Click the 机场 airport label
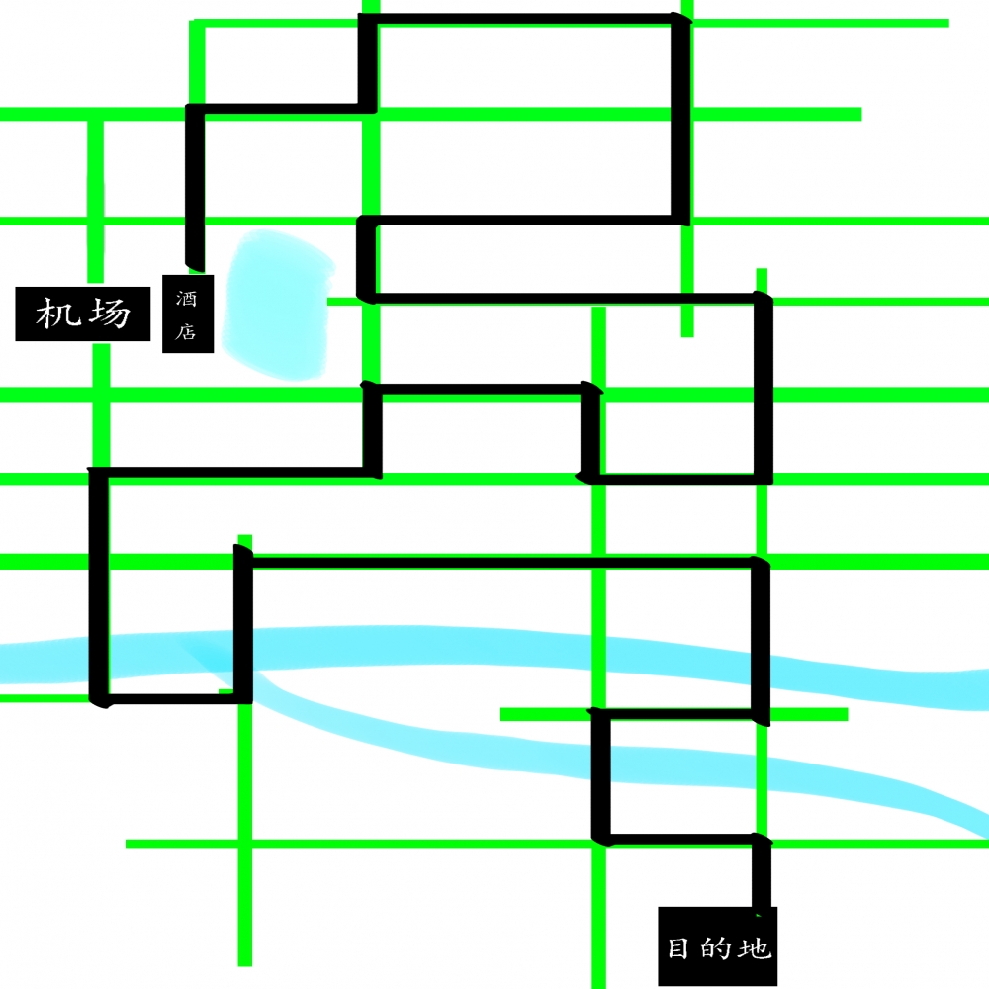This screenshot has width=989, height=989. [83, 314]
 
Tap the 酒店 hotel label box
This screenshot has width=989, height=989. [188, 314]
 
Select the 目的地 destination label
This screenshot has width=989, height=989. [718, 946]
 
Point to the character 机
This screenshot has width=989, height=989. [58, 314]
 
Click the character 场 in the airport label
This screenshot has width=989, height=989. [110, 314]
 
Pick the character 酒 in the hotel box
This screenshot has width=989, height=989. [186, 298]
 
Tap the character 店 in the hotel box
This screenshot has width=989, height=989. [186, 331]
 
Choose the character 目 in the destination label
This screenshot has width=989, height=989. [678, 948]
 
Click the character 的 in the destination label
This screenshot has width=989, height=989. [715, 948]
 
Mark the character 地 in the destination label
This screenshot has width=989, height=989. [755, 948]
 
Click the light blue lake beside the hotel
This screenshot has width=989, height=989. [278, 305]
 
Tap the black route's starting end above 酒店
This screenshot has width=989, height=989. [195, 265]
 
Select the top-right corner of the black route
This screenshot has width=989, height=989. [680, 20]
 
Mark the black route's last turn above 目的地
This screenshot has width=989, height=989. [762, 840]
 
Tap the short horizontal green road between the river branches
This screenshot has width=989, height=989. [674, 714]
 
